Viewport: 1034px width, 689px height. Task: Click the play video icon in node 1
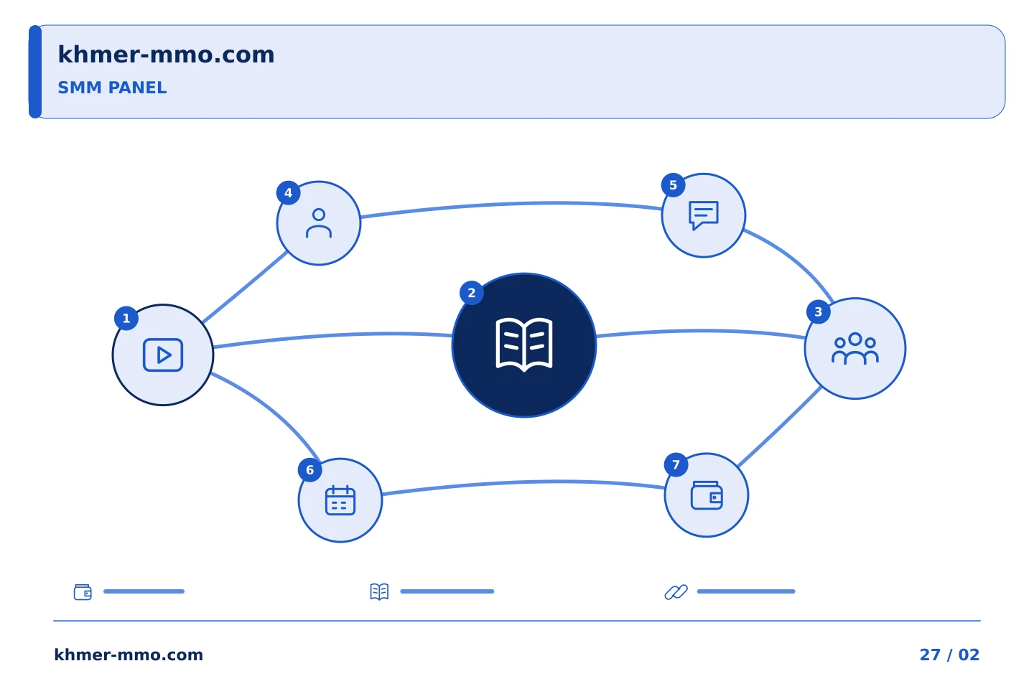tap(163, 355)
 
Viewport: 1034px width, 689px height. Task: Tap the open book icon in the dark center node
tap(524, 344)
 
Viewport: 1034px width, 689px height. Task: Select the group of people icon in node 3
tap(855, 348)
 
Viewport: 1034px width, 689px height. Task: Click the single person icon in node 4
tap(319, 223)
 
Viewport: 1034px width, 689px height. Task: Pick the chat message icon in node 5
tap(704, 215)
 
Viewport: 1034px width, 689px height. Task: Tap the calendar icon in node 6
tap(340, 500)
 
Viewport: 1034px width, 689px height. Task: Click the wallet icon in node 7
tap(707, 495)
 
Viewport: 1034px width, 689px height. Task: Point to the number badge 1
tap(126, 319)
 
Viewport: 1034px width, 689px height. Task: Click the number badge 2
tap(471, 293)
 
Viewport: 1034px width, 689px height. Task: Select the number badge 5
tap(673, 185)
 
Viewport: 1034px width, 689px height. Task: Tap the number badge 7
tap(676, 465)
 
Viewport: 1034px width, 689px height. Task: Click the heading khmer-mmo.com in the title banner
tap(166, 55)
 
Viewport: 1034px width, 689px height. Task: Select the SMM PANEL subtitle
tap(112, 88)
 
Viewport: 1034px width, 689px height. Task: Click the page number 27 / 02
tap(949, 655)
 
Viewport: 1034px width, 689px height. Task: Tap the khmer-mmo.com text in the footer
tap(129, 655)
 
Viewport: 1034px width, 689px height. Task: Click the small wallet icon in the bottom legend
tap(83, 591)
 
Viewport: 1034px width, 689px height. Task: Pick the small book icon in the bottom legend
tap(379, 591)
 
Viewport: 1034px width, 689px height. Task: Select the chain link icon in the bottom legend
tap(676, 591)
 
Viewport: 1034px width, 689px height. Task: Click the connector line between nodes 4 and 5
tap(511, 204)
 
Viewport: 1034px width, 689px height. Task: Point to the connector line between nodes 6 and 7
tap(523, 482)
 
